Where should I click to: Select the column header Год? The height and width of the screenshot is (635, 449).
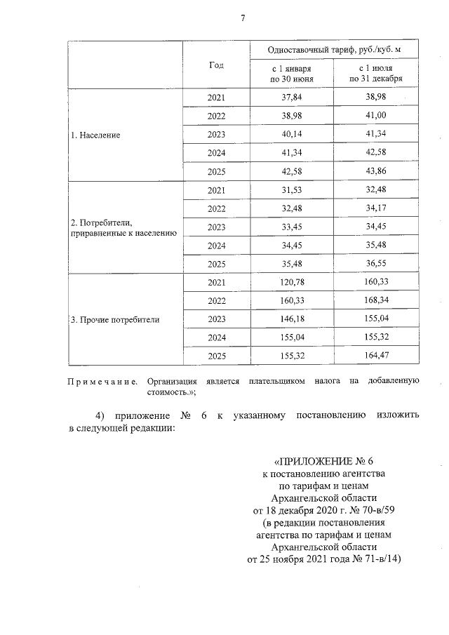[216, 65]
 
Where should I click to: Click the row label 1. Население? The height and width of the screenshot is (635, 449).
[95, 135]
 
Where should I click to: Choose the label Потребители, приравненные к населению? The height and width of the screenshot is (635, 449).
[123, 227]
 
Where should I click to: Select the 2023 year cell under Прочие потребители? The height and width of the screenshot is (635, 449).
[217, 319]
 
